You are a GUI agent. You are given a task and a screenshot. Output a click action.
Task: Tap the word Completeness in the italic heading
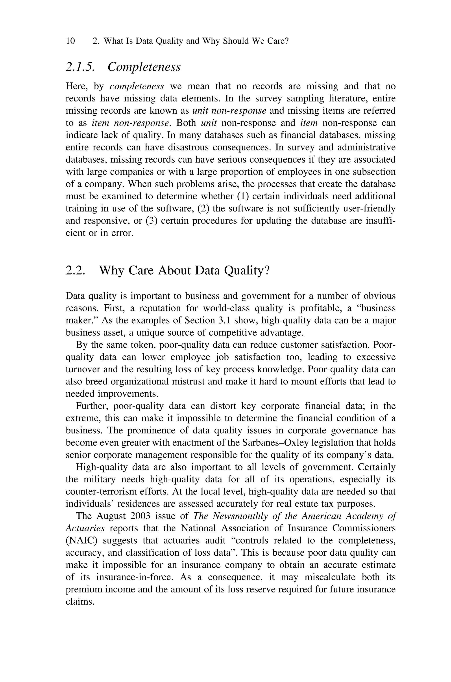pos(144,67)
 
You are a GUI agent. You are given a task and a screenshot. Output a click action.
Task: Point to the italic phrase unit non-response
pos(229,111)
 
